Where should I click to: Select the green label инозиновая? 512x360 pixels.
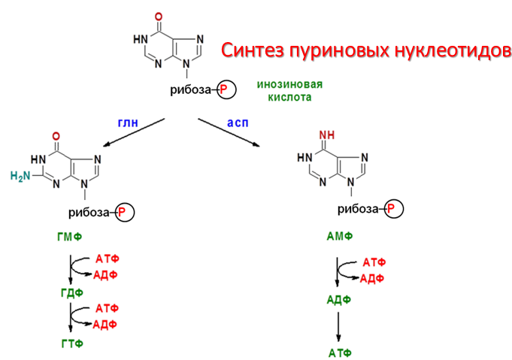click(283, 85)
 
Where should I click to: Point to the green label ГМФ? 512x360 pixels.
click(69, 238)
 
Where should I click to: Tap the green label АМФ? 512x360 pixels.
click(339, 237)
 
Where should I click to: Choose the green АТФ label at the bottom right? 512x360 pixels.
click(339, 352)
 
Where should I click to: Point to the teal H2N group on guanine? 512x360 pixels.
click(22, 177)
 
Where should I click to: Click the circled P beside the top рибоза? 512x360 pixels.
click(226, 91)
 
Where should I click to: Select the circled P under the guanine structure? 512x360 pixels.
click(125, 213)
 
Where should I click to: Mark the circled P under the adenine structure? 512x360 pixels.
click(394, 208)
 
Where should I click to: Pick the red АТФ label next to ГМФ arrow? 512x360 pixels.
click(107, 259)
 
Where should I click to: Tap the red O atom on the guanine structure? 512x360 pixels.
click(55, 138)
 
